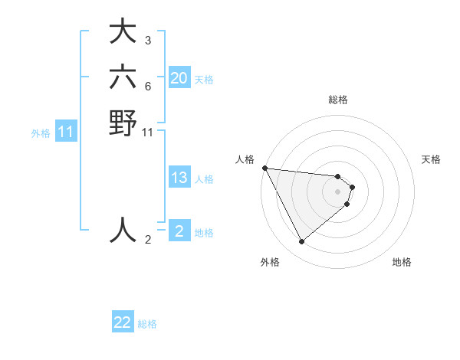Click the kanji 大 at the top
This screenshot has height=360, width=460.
pos(123,34)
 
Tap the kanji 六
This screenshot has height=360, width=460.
pos(123,78)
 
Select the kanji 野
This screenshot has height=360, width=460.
pos(123,123)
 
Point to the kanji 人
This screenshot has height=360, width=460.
pos(123,229)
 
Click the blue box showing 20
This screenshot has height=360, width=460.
pos(179,78)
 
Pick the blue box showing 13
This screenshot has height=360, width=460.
pos(179,178)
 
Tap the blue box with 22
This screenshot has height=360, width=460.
pos(123,322)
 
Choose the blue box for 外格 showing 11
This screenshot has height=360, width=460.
pos(66,133)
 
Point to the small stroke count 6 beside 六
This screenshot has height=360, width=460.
pos(147,85)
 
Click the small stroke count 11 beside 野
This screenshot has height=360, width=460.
pos(148,132)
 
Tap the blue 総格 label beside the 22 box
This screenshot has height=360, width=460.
pos(148,324)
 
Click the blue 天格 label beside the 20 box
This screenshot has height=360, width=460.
pos(204,80)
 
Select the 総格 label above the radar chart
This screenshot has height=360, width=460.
pos(338,100)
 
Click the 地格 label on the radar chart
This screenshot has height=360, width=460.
pos(402,262)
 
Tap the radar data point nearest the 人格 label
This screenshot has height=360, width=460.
pos(264,168)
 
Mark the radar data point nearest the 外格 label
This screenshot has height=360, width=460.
pos(301,242)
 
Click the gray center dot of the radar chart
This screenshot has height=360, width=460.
pos(338,191)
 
